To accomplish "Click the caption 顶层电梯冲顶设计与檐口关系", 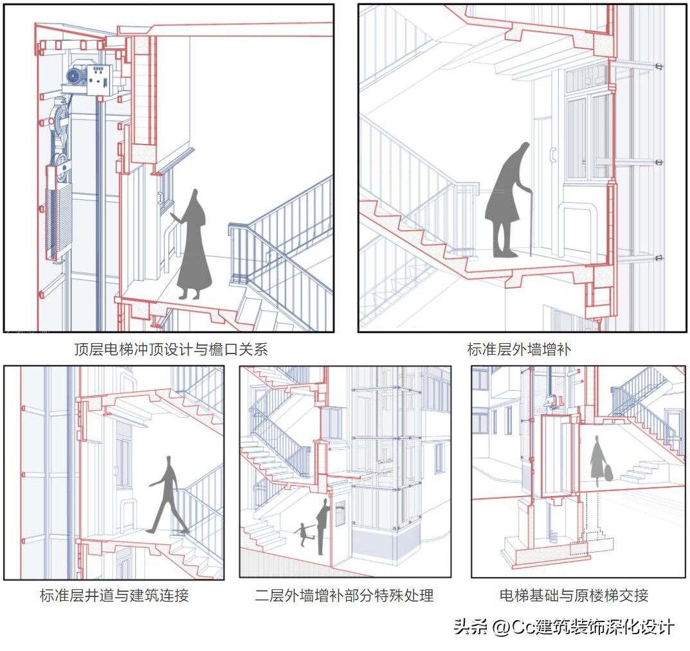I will click(170, 350).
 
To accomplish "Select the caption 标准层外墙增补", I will click(518, 350).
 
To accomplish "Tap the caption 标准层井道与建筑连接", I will click(114, 596).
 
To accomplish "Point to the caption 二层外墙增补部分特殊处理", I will click(344, 596).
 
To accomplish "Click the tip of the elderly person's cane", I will click(531, 254).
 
